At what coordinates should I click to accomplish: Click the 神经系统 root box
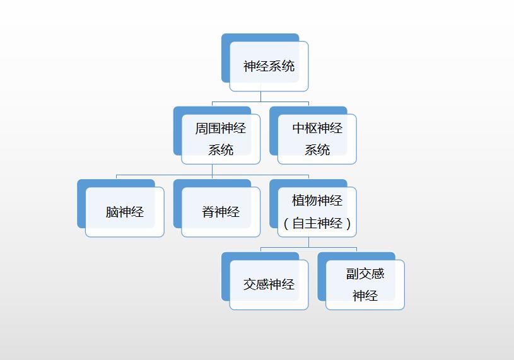[269, 66]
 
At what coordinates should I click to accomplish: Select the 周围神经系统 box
[221, 139]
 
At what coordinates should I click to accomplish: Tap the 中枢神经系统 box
[317, 139]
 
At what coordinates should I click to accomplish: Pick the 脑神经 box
[125, 212]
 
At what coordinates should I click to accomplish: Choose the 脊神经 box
[221, 212]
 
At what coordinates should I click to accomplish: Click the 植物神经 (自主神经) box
[317, 212]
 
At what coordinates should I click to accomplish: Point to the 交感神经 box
[269, 284]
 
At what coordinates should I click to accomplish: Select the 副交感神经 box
[365, 284]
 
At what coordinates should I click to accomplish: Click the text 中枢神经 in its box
[317, 129]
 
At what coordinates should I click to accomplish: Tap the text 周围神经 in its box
[221, 129]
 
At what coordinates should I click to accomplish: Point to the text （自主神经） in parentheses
[317, 223]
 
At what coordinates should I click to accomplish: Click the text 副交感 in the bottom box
[365, 274]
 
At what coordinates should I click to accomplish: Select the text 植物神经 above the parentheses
[317, 200]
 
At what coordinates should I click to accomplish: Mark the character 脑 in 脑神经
[112, 212]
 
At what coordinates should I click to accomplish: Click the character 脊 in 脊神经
[208, 212]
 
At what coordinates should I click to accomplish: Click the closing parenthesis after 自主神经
[349, 224]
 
